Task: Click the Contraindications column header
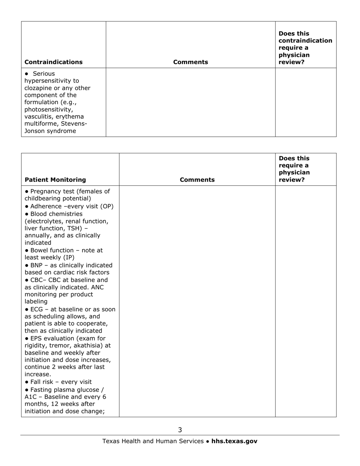point(53,62)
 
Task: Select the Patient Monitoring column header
point(55,180)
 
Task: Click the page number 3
point(180,430)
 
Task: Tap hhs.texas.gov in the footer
point(234,441)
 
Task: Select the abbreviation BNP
point(36,265)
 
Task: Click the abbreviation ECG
point(36,309)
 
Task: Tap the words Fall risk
point(43,382)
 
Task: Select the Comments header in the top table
point(191,62)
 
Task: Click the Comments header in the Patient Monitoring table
point(197,180)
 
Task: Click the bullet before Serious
point(27,74)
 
